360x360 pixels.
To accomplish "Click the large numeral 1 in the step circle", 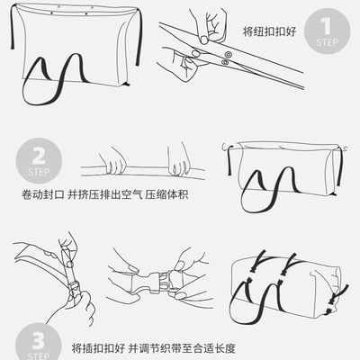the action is pyautogui.click(x=327, y=26).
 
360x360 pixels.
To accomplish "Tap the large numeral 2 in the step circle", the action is pyautogui.click(x=39, y=156).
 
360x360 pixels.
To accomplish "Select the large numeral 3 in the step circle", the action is pyautogui.click(x=39, y=341).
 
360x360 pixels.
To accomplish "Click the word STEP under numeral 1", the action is pyautogui.click(x=327, y=42).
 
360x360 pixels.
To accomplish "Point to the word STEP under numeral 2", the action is pyautogui.click(x=39, y=172).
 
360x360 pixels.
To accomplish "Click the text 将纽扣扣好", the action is pyautogui.click(x=269, y=31).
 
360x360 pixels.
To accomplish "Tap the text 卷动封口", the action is pyautogui.click(x=43, y=194).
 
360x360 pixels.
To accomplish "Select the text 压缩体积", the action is pyautogui.click(x=166, y=194).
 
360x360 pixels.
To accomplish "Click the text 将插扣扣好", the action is pyautogui.click(x=98, y=348).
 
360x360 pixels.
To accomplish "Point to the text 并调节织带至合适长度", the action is pyautogui.click(x=182, y=348).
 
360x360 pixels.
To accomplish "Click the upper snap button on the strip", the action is pyautogui.click(x=229, y=55).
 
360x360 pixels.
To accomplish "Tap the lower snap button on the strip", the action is pyautogui.click(x=224, y=62).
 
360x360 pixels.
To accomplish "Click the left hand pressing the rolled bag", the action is pyautogui.click(x=113, y=160).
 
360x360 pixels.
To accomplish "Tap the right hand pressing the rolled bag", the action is pyautogui.click(x=179, y=161).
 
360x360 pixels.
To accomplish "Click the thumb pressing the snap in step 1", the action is pyautogui.click(x=204, y=40).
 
